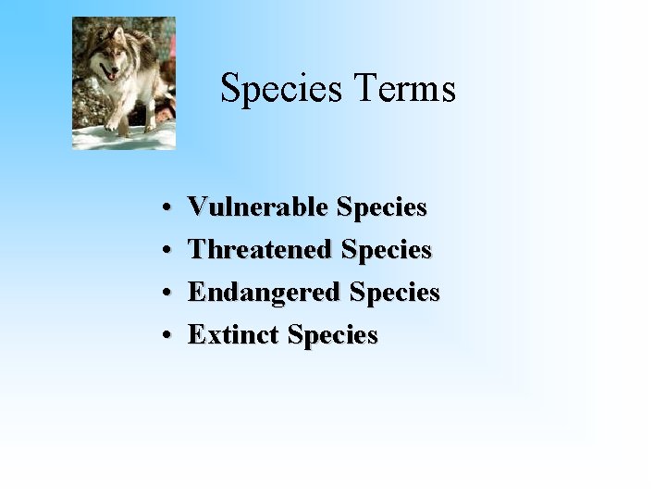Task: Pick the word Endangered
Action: pos(263,293)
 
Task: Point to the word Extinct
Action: pos(234,335)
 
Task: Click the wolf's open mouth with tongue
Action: pos(111,76)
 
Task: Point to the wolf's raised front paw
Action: pos(111,125)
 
